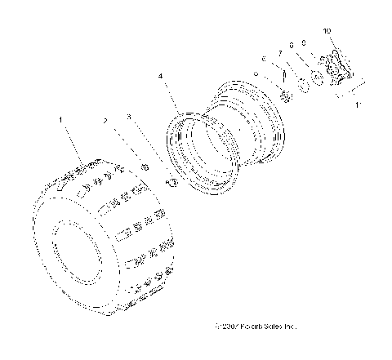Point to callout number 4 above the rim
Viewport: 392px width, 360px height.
coord(161,77)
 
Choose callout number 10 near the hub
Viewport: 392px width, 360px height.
coord(327,30)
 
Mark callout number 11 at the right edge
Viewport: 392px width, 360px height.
coord(358,104)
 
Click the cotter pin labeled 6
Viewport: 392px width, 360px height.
coord(283,74)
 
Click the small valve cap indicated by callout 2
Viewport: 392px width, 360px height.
coord(145,167)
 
